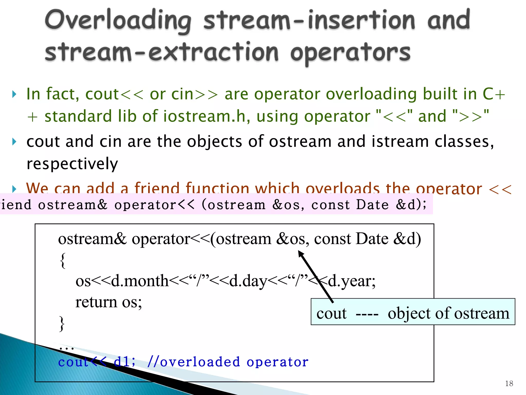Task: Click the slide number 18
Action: pos(509,383)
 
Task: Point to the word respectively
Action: pos(72,164)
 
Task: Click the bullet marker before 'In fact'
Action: pos(14,94)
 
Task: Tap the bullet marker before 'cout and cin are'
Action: pos(14,142)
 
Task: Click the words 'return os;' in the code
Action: pos(108,302)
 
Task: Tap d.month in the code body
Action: pos(140,281)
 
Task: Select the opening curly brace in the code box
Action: pos(63,260)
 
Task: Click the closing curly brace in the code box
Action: pos(62,324)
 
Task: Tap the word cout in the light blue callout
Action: pos(331,313)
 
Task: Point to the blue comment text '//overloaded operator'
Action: pos(228,362)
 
